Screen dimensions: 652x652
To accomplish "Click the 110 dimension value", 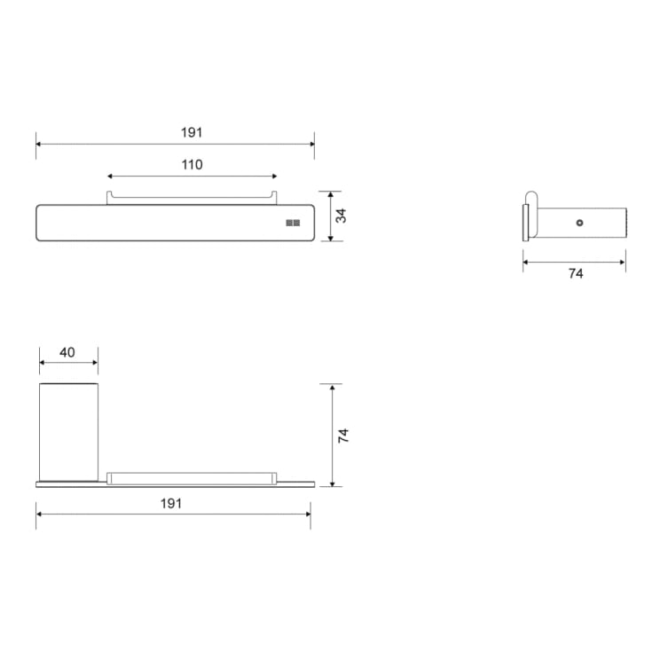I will (192, 164).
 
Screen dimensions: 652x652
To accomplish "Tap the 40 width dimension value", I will (67, 352).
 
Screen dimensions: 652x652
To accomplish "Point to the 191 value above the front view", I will (192, 132).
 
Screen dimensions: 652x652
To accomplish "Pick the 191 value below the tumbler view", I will (171, 503).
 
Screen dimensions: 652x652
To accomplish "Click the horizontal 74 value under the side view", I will (575, 274).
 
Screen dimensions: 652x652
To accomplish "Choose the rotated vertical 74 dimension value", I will (343, 436).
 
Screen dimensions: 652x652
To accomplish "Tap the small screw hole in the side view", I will (579, 224).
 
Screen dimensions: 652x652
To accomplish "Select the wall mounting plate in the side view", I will (525, 223).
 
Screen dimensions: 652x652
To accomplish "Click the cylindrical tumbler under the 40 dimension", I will (68, 431).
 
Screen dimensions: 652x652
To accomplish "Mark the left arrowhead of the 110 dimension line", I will (110, 176).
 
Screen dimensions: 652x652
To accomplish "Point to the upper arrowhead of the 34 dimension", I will (330, 193).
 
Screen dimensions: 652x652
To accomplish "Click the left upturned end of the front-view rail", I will (109, 196).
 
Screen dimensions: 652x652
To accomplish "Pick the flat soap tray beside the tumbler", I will (191, 478).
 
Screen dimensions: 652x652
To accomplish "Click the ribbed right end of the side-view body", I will (626, 223).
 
